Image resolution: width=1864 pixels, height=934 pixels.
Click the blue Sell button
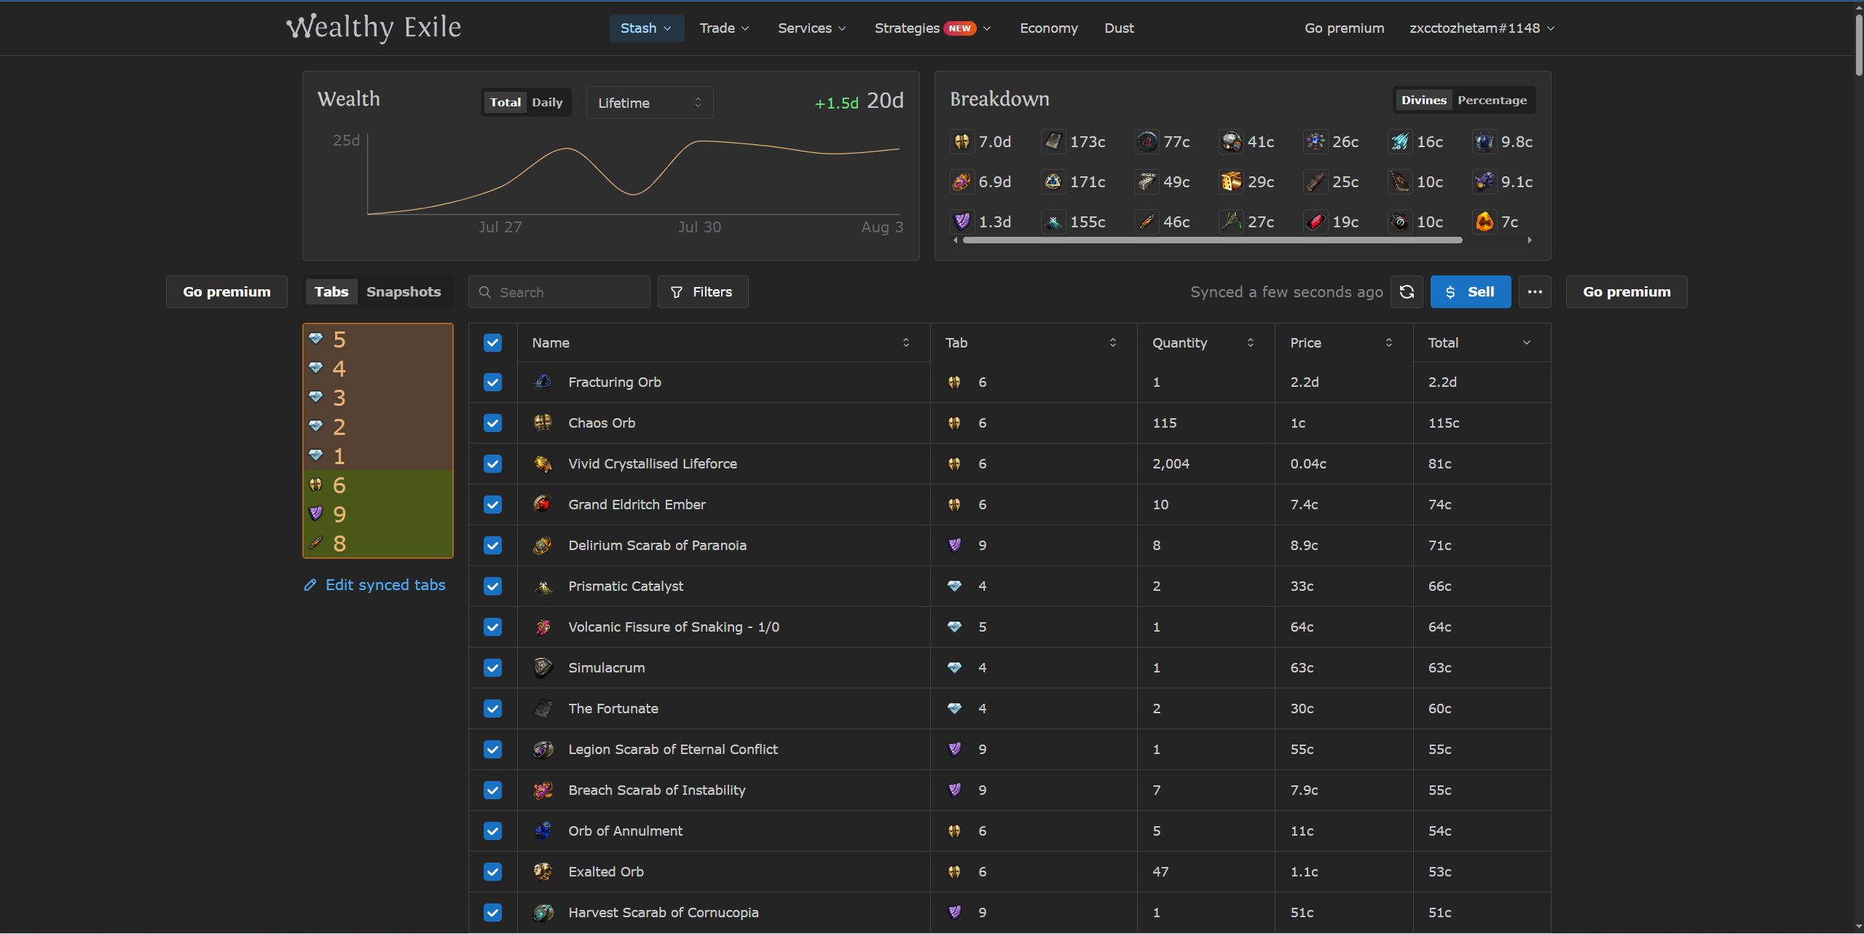pyautogui.click(x=1470, y=292)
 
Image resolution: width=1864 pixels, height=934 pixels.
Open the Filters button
pyautogui.click(x=702, y=292)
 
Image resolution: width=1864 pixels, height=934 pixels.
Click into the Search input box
pyautogui.click(x=559, y=292)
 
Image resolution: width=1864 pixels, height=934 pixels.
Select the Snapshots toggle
pyautogui.click(x=404, y=292)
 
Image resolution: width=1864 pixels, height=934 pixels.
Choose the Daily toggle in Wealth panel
pyautogui.click(x=547, y=103)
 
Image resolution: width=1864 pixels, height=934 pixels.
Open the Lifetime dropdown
pyautogui.click(x=650, y=103)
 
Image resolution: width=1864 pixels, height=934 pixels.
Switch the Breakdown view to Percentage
pyautogui.click(x=1492, y=101)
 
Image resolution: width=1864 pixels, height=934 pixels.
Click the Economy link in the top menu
pyautogui.click(x=1048, y=28)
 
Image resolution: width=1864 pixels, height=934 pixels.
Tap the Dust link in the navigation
pyautogui.click(x=1119, y=28)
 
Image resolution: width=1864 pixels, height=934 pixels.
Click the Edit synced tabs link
pyautogui.click(x=374, y=585)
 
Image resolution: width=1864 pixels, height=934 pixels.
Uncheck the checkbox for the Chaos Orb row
pyautogui.click(x=492, y=423)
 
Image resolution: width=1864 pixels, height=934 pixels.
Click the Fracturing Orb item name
pyautogui.click(x=615, y=382)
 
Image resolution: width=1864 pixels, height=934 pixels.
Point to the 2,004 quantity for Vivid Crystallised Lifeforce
pyautogui.click(x=1171, y=464)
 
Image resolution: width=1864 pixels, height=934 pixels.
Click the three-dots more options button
pyautogui.click(x=1535, y=292)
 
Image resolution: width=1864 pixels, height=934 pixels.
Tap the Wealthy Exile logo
pyautogui.click(x=374, y=28)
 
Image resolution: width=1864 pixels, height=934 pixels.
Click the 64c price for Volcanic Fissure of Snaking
pyautogui.click(x=1302, y=627)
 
